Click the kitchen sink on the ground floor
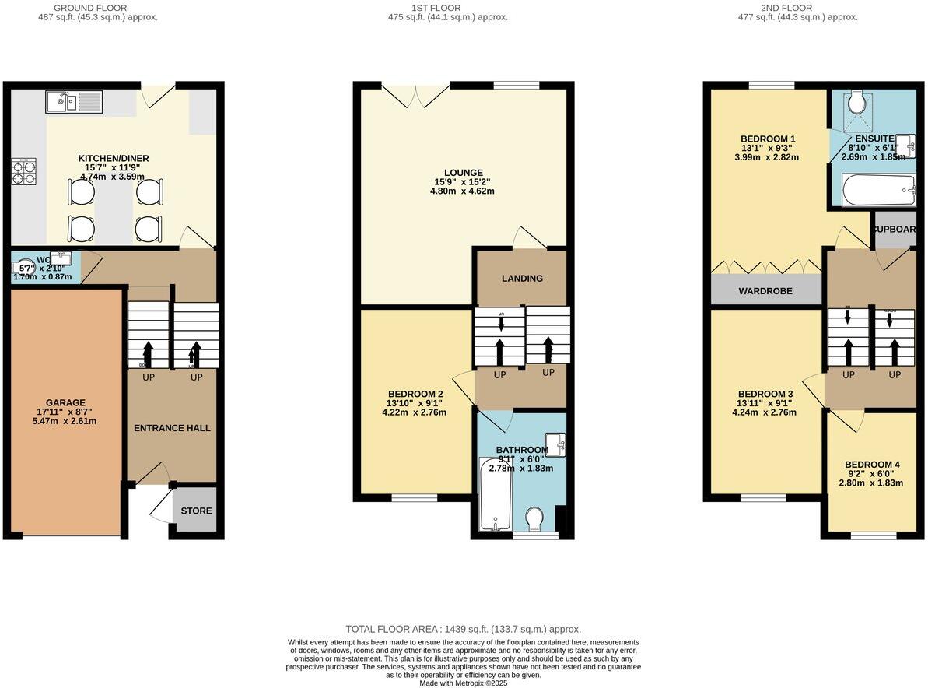click(x=72, y=101)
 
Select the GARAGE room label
click(x=65, y=403)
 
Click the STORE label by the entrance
click(x=196, y=511)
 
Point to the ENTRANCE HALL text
click(x=172, y=428)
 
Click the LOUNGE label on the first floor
click(x=462, y=173)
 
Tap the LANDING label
click(x=522, y=278)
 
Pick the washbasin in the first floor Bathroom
click(x=555, y=443)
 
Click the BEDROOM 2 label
click(x=415, y=394)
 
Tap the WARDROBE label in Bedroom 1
click(x=765, y=291)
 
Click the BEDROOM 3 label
click(x=765, y=394)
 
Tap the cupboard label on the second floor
click(x=895, y=230)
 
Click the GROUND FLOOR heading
click(x=90, y=8)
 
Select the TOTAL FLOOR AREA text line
click(x=464, y=629)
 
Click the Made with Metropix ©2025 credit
click(x=464, y=683)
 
